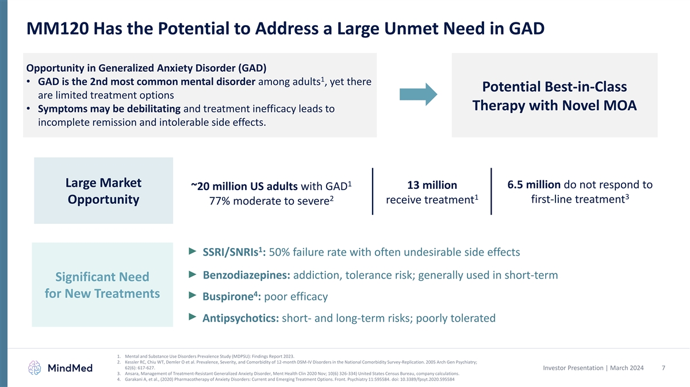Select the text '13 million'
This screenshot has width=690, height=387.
pyautogui.click(x=432, y=185)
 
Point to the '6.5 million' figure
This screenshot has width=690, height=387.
pyautogui.click(x=534, y=184)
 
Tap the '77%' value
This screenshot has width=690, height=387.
pyautogui.click(x=220, y=204)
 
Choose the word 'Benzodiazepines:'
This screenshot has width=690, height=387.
pyautogui.click(x=246, y=275)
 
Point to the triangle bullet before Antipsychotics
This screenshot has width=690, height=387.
pyautogui.click(x=193, y=317)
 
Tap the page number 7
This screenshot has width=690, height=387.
pyautogui.click(x=664, y=367)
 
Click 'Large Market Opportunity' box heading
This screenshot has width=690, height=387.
pyautogui.click(x=103, y=191)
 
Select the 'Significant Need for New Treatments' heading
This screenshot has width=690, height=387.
pyautogui.click(x=102, y=285)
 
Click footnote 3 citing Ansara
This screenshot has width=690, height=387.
pyautogui.click(x=287, y=373)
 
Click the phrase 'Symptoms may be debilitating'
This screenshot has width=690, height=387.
pyautogui.click(x=109, y=109)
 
